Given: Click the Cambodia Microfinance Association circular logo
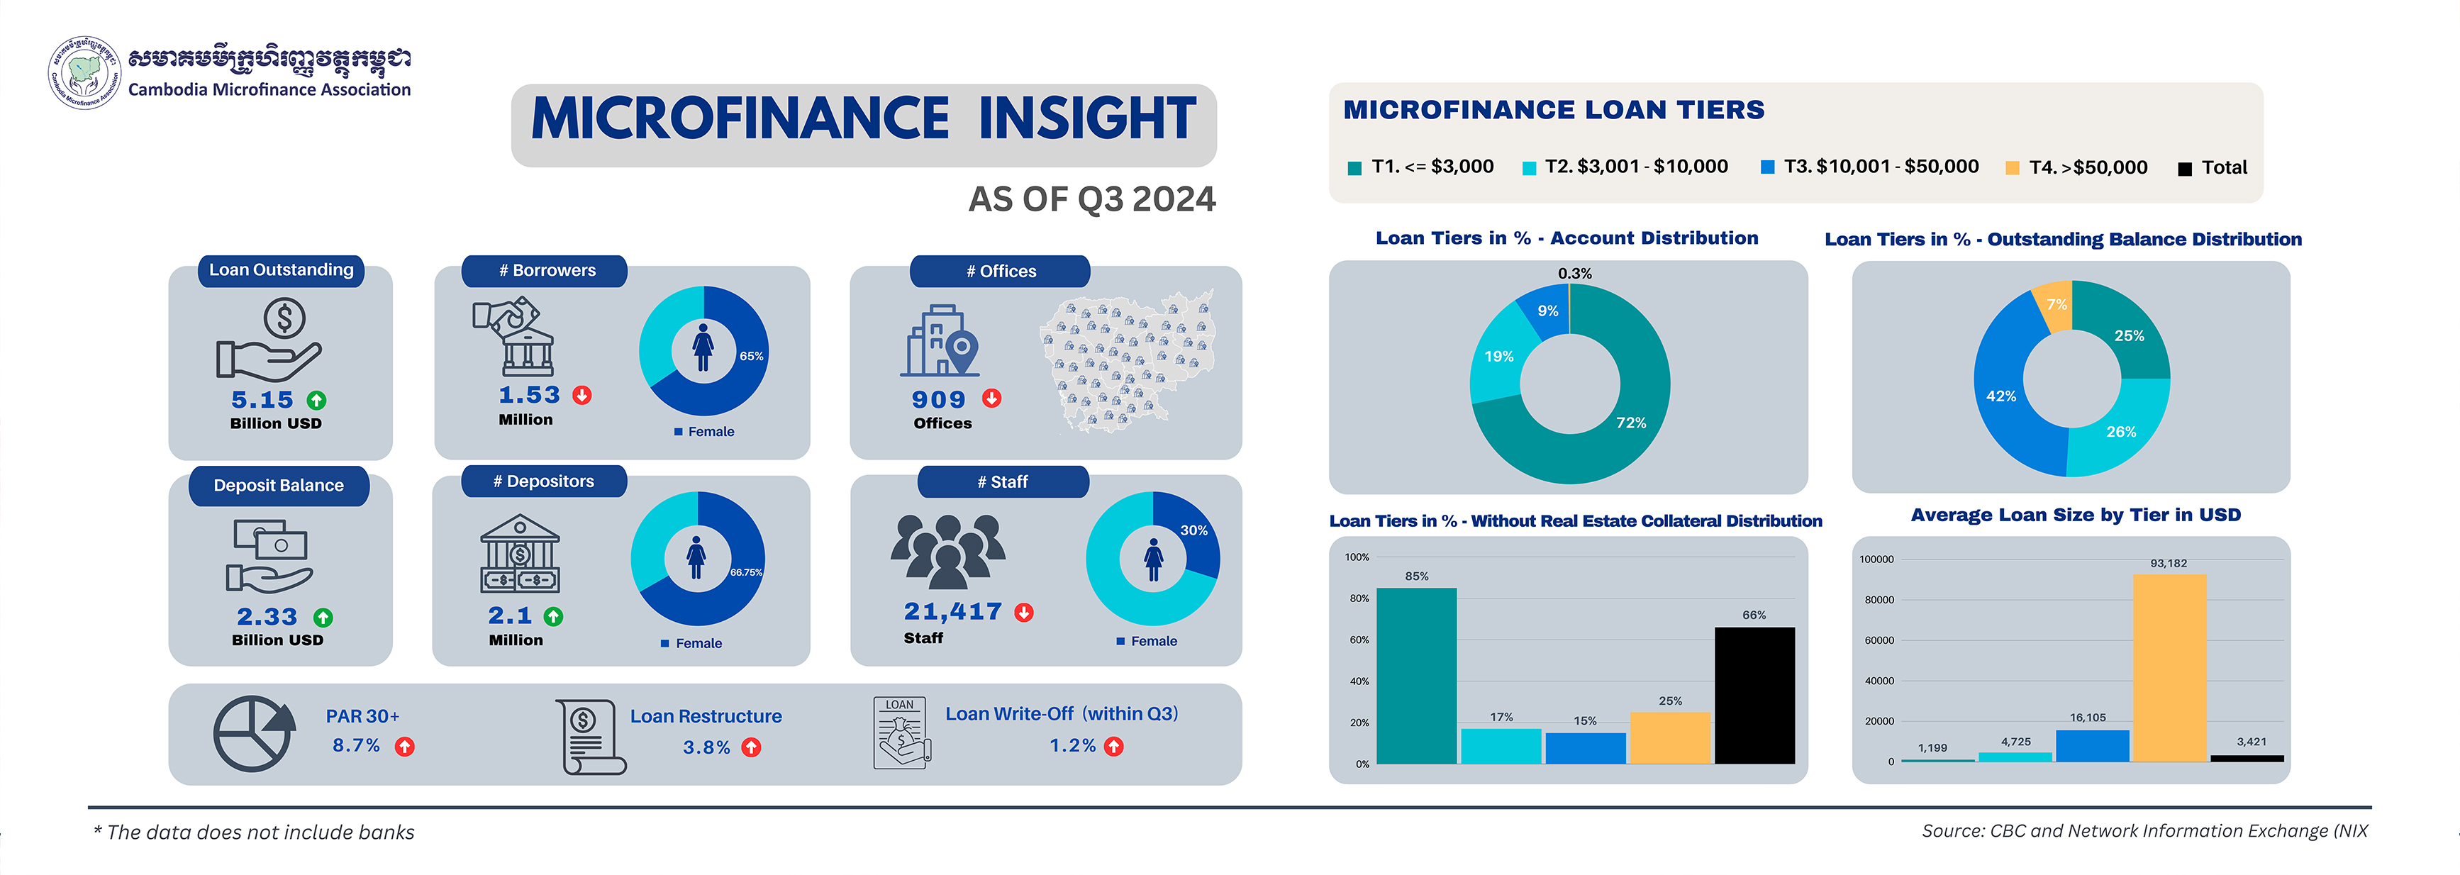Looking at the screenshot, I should pyautogui.click(x=84, y=72).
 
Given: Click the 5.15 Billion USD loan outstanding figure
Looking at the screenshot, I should pyautogui.click(x=262, y=400).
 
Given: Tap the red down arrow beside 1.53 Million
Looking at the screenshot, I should pyautogui.click(x=581, y=396).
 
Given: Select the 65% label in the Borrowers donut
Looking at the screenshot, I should pyautogui.click(x=750, y=356).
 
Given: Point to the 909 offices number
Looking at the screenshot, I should pyautogui.click(x=937, y=400).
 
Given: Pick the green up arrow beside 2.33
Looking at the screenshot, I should pyautogui.click(x=323, y=618).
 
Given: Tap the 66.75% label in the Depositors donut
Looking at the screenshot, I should pyautogui.click(x=746, y=572).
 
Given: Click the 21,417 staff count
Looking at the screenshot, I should pyautogui.click(x=952, y=611).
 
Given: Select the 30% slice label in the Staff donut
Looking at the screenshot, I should pyautogui.click(x=1193, y=530).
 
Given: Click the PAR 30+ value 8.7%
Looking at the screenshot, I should pyautogui.click(x=356, y=745).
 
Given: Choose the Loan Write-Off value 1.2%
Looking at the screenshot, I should pyautogui.click(x=1072, y=745).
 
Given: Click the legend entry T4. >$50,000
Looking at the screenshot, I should pyautogui.click(x=2088, y=167).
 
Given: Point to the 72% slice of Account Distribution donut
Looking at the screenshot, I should pyautogui.click(x=1630, y=422).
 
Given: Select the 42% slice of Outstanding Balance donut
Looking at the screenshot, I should pyautogui.click(x=2000, y=396).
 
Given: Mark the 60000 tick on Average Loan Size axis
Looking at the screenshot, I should pyautogui.click(x=1879, y=640).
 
